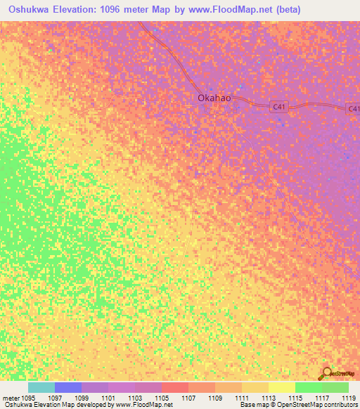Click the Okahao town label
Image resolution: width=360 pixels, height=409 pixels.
pos(211,99)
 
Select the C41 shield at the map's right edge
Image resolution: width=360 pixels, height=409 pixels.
pos(353,108)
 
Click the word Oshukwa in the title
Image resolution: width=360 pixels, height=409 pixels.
pos(29,10)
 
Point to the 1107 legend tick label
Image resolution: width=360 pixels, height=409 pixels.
pos(188,397)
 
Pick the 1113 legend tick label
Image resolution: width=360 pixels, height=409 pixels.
pos(268,397)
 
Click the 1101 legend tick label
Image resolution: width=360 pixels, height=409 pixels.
pos(108,397)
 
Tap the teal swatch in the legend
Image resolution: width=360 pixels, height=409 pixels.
pos(41,387)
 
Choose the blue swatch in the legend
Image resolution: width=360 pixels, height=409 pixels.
pos(68,387)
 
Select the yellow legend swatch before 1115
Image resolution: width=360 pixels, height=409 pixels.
pos(281,387)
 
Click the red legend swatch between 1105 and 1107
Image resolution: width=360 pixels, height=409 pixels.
pos(174,387)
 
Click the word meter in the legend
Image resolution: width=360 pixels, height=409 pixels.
pos(10,397)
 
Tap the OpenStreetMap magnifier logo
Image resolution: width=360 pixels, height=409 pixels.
pos(327,372)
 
